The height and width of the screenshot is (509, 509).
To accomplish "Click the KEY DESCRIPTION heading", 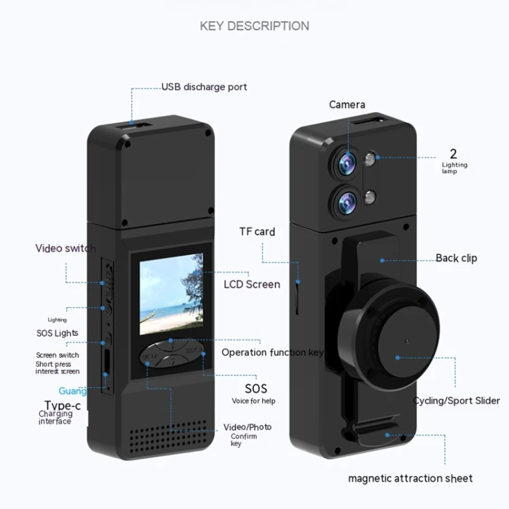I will (254, 26).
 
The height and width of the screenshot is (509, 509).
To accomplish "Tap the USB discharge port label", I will (204, 87).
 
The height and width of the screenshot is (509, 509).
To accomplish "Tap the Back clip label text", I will (456, 258).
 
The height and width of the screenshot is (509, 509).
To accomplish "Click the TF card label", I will (257, 231).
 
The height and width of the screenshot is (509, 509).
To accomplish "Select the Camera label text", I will (347, 105).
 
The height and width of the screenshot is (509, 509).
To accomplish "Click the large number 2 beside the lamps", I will (453, 153).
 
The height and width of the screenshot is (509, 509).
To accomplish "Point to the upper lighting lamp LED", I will (371, 160).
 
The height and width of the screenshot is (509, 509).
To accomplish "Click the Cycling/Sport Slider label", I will (456, 400).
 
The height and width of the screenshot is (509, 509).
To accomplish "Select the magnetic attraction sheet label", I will (410, 478).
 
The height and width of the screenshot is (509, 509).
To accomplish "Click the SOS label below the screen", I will (256, 389).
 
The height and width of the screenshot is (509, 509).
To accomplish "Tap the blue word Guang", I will (72, 391).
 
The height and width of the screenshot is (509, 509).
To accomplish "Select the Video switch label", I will (65, 248).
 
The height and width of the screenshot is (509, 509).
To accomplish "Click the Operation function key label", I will (272, 352).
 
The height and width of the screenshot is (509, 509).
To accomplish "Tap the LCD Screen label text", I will (252, 284).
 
